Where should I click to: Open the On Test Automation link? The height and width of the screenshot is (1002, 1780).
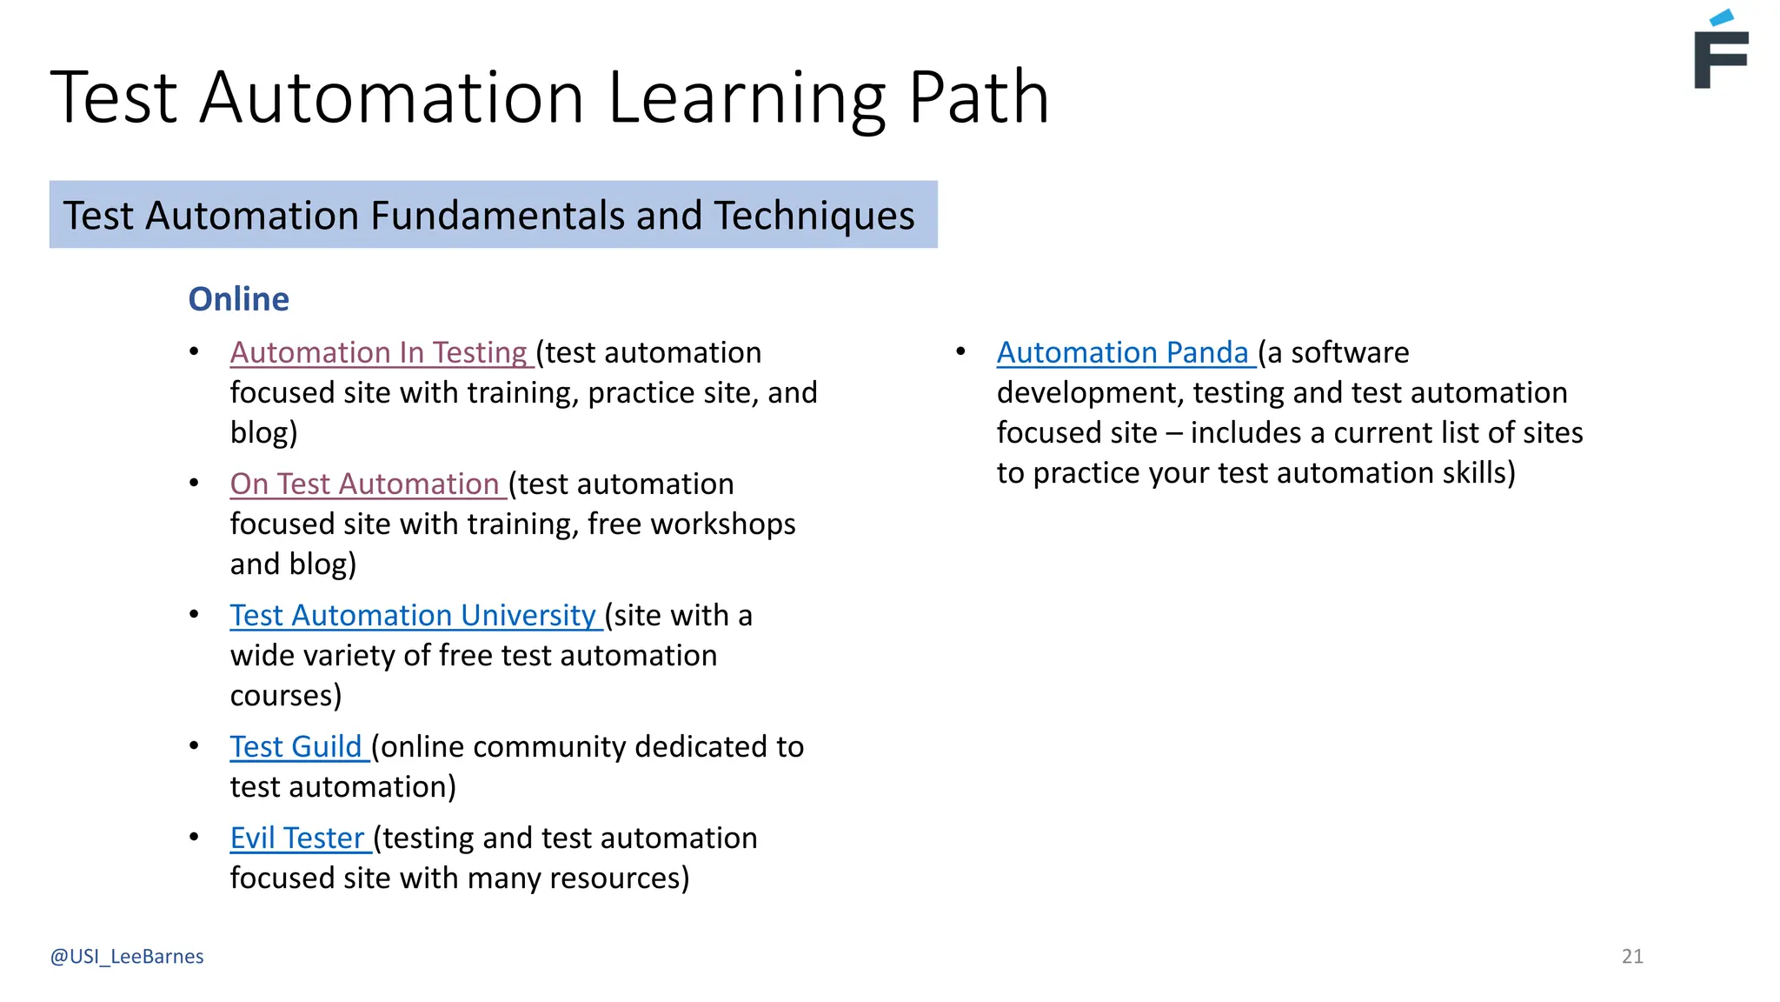(x=365, y=484)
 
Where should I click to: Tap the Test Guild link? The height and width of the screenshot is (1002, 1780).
(x=296, y=746)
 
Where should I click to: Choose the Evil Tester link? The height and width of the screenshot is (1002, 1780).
(x=297, y=838)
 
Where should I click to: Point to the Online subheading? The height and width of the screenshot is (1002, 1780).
(x=239, y=299)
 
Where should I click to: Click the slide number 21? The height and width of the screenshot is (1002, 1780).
(x=1632, y=956)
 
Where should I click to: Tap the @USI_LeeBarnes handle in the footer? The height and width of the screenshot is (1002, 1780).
(x=127, y=956)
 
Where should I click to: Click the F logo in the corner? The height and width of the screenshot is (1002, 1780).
(x=1721, y=52)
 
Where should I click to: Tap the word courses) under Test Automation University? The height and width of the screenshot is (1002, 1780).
(x=286, y=696)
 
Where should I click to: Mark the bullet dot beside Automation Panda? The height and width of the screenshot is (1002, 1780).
(x=961, y=351)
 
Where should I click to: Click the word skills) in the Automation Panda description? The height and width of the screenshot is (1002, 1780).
(x=1478, y=473)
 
